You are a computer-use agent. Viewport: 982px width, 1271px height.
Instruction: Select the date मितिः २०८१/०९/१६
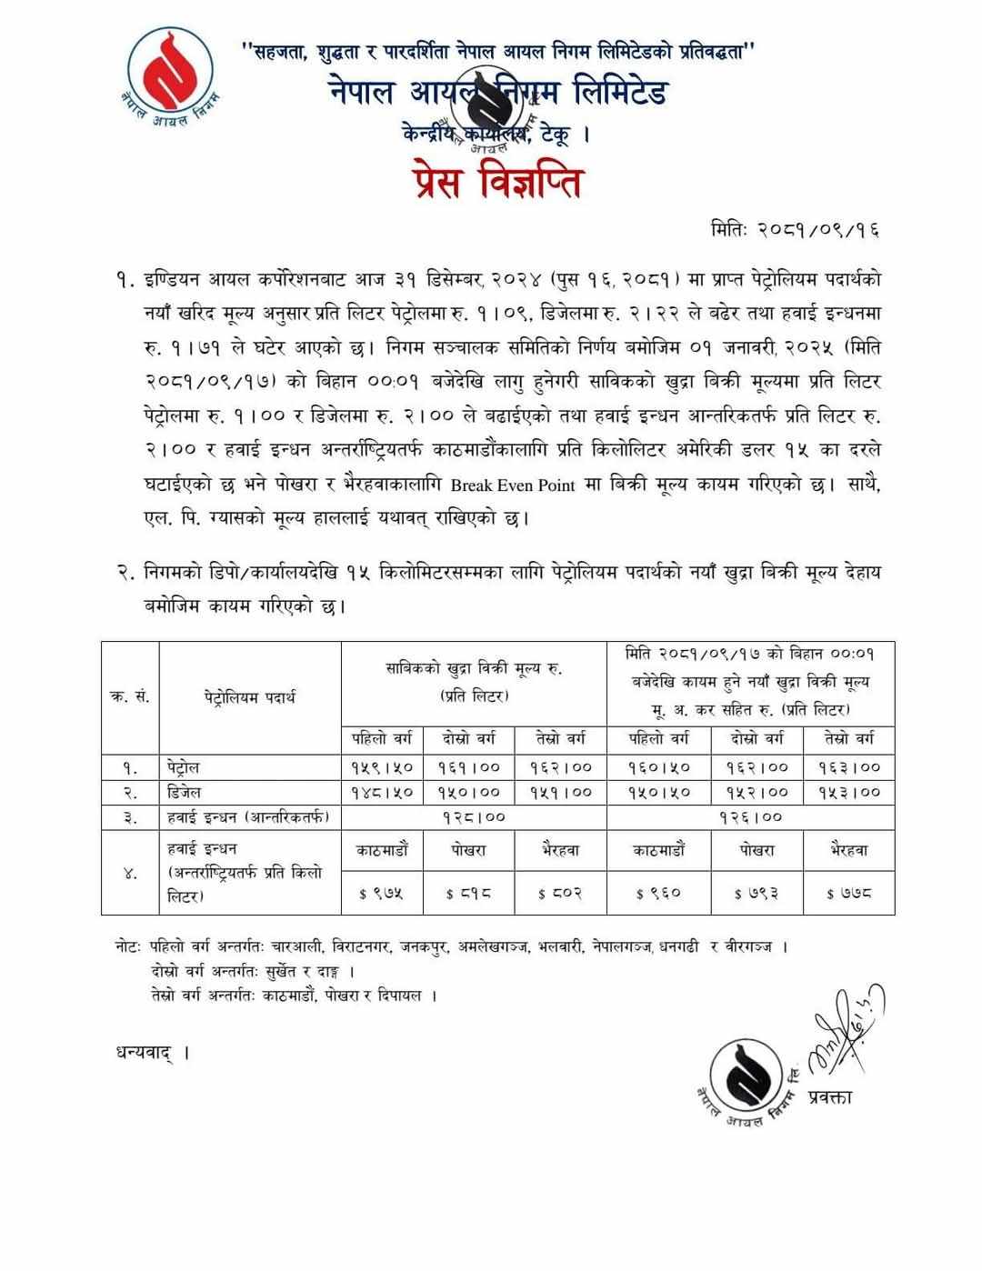(x=795, y=231)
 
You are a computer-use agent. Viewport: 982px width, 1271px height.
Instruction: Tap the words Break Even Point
(x=516, y=485)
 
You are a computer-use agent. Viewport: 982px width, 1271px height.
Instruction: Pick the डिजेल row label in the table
(x=185, y=792)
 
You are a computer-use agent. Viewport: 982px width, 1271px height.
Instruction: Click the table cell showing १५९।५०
(x=382, y=767)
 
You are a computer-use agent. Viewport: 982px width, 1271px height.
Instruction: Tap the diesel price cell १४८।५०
(x=382, y=793)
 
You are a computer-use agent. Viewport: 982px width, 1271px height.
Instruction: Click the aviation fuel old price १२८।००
(x=473, y=817)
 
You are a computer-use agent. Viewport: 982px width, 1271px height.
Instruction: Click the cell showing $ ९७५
(x=382, y=894)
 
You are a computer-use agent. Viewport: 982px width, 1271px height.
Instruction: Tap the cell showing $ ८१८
(x=469, y=894)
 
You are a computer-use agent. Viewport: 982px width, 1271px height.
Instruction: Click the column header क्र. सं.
(x=130, y=697)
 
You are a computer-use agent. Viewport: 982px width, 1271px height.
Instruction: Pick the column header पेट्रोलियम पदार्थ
(x=250, y=697)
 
